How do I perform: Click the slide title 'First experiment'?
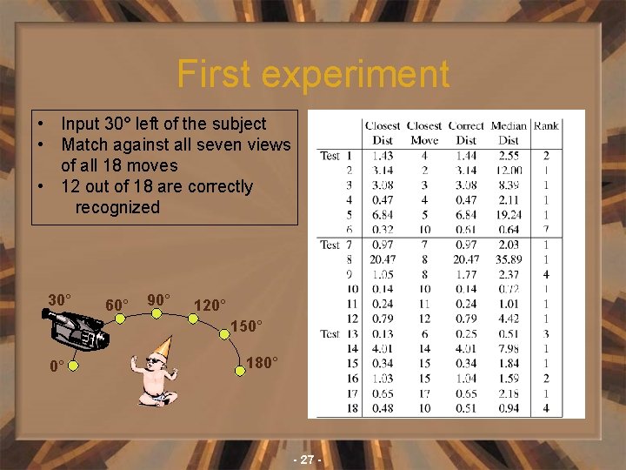313,75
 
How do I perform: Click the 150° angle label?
246,326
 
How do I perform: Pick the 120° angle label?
210,305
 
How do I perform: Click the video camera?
77,329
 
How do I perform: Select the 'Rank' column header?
546,126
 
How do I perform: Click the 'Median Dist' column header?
509,132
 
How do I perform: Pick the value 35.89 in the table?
509,258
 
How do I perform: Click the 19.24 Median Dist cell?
509,214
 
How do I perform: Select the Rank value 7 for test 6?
546,229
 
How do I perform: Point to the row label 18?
351,408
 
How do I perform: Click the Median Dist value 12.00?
509,170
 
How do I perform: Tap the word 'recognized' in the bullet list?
117,207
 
